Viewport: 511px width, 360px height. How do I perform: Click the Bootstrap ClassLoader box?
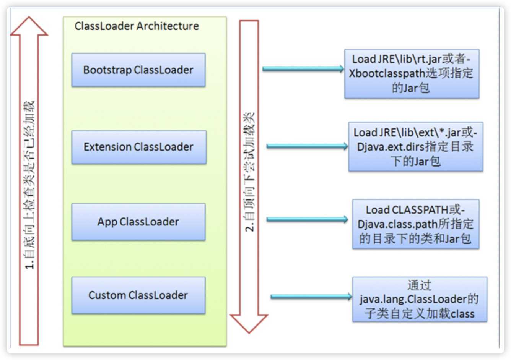click(x=138, y=70)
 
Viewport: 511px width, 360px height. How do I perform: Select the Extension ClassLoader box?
click(x=138, y=147)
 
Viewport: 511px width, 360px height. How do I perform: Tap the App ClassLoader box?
click(x=138, y=222)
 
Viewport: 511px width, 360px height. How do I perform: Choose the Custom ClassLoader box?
click(x=138, y=295)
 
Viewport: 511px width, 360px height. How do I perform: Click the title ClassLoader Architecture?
click(x=137, y=26)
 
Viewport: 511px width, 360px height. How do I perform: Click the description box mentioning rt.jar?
click(x=412, y=73)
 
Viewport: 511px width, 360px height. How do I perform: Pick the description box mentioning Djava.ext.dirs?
click(x=415, y=147)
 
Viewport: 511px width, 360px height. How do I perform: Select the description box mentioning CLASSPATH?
click(x=415, y=224)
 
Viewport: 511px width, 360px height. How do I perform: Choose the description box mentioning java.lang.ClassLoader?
click(x=419, y=299)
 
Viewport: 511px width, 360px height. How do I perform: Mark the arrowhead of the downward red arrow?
click(x=249, y=323)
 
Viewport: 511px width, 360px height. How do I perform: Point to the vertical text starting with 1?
click(x=29, y=185)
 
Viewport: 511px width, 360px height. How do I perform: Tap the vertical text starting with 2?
click(x=249, y=172)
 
